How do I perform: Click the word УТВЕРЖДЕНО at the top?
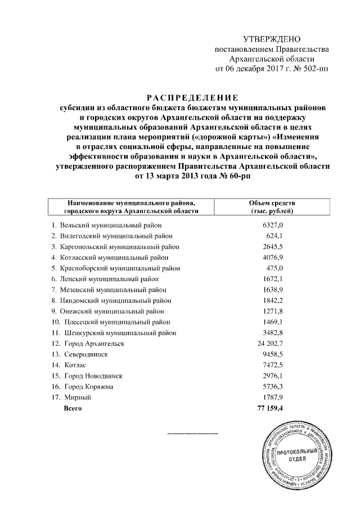click(272, 39)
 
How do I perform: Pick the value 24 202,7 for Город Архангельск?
click(268, 343)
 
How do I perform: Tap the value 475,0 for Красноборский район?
click(274, 268)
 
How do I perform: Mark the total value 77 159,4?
click(268, 408)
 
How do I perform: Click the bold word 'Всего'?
click(73, 408)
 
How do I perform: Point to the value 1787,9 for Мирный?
click(272, 397)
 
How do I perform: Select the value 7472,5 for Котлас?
click(272, 364)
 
